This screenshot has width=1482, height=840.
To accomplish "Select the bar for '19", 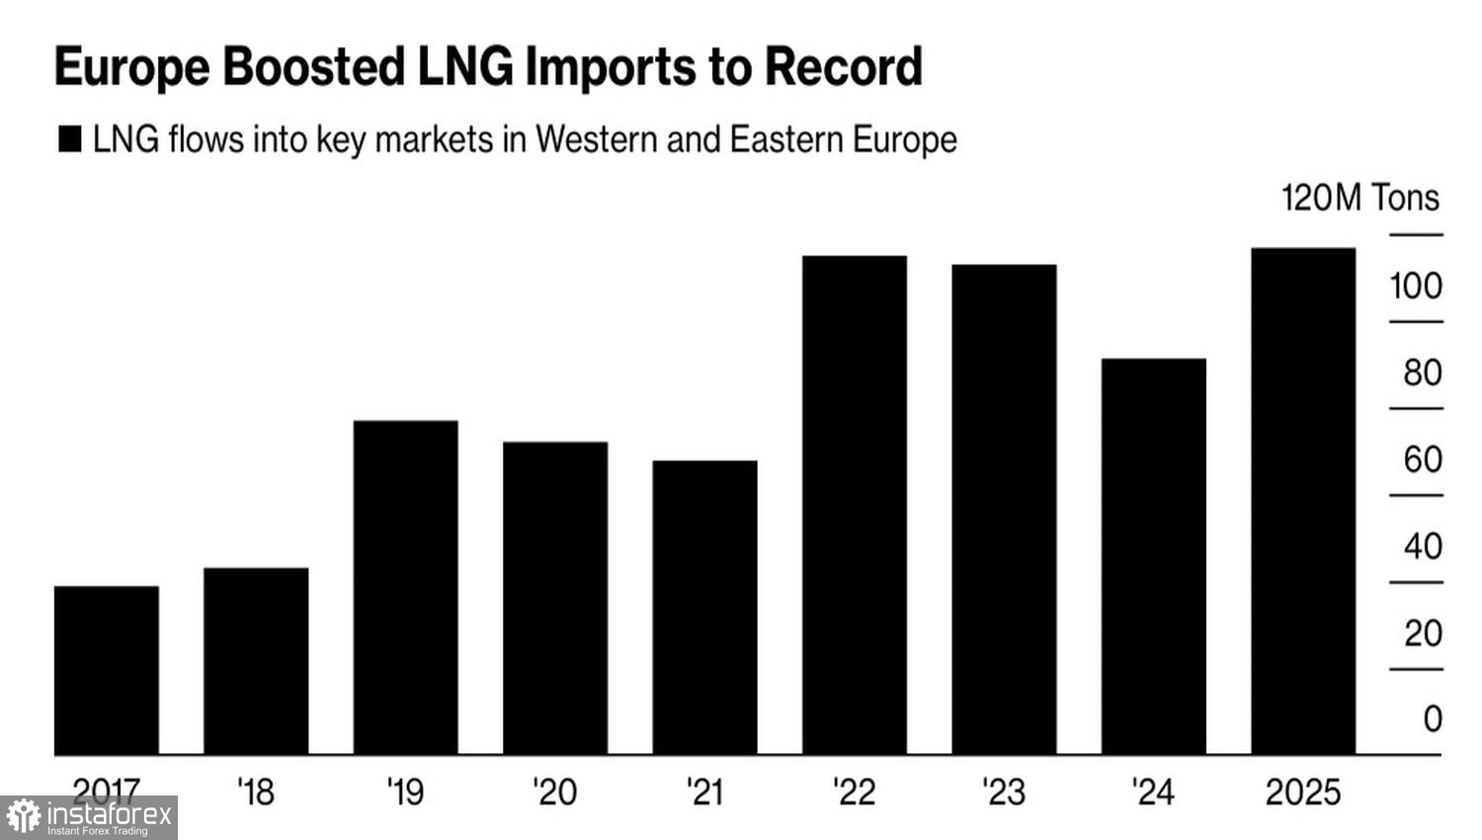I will pos(405,588).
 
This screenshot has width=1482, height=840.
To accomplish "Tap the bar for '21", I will pos(704,608).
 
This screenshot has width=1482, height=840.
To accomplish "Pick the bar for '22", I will pos(855,505).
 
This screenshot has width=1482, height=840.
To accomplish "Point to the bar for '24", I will pos(1153,556).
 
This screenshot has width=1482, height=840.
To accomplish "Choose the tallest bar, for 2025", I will pos(1303,501).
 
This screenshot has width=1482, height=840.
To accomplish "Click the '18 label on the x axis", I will pos(256,792).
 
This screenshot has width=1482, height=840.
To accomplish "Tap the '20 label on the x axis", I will pos(554,792).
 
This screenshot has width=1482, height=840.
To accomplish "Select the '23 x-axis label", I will pos(1004,792).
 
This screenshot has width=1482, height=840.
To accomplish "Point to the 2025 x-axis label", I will pos(1303,792).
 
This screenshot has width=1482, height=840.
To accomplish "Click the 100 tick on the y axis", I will pos(1416,287).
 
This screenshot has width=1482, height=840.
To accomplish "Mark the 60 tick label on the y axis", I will pos(1423,460).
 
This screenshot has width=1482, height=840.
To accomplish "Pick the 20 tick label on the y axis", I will pos(1423,633).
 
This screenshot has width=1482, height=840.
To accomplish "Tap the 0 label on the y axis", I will pos(1433,718).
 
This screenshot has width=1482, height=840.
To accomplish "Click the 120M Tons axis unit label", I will pos(1360,199).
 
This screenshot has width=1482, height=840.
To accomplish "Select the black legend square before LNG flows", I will pos(70,139).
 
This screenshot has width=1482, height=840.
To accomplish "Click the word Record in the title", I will pos(844,67).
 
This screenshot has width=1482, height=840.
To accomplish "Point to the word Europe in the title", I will pos(132,67).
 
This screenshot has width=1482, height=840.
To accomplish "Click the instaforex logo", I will pos(89,817).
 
